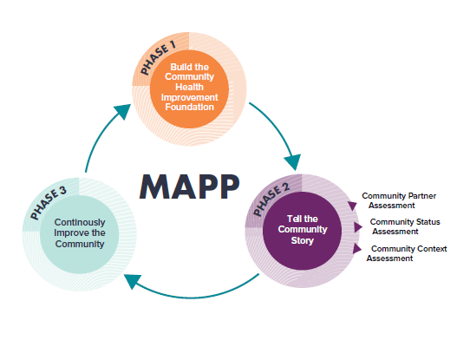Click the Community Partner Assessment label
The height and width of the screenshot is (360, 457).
pos(397,201)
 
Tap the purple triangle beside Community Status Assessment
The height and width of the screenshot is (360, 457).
pos(358,226)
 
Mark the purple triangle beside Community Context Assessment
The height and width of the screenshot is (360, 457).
pos(357,249)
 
